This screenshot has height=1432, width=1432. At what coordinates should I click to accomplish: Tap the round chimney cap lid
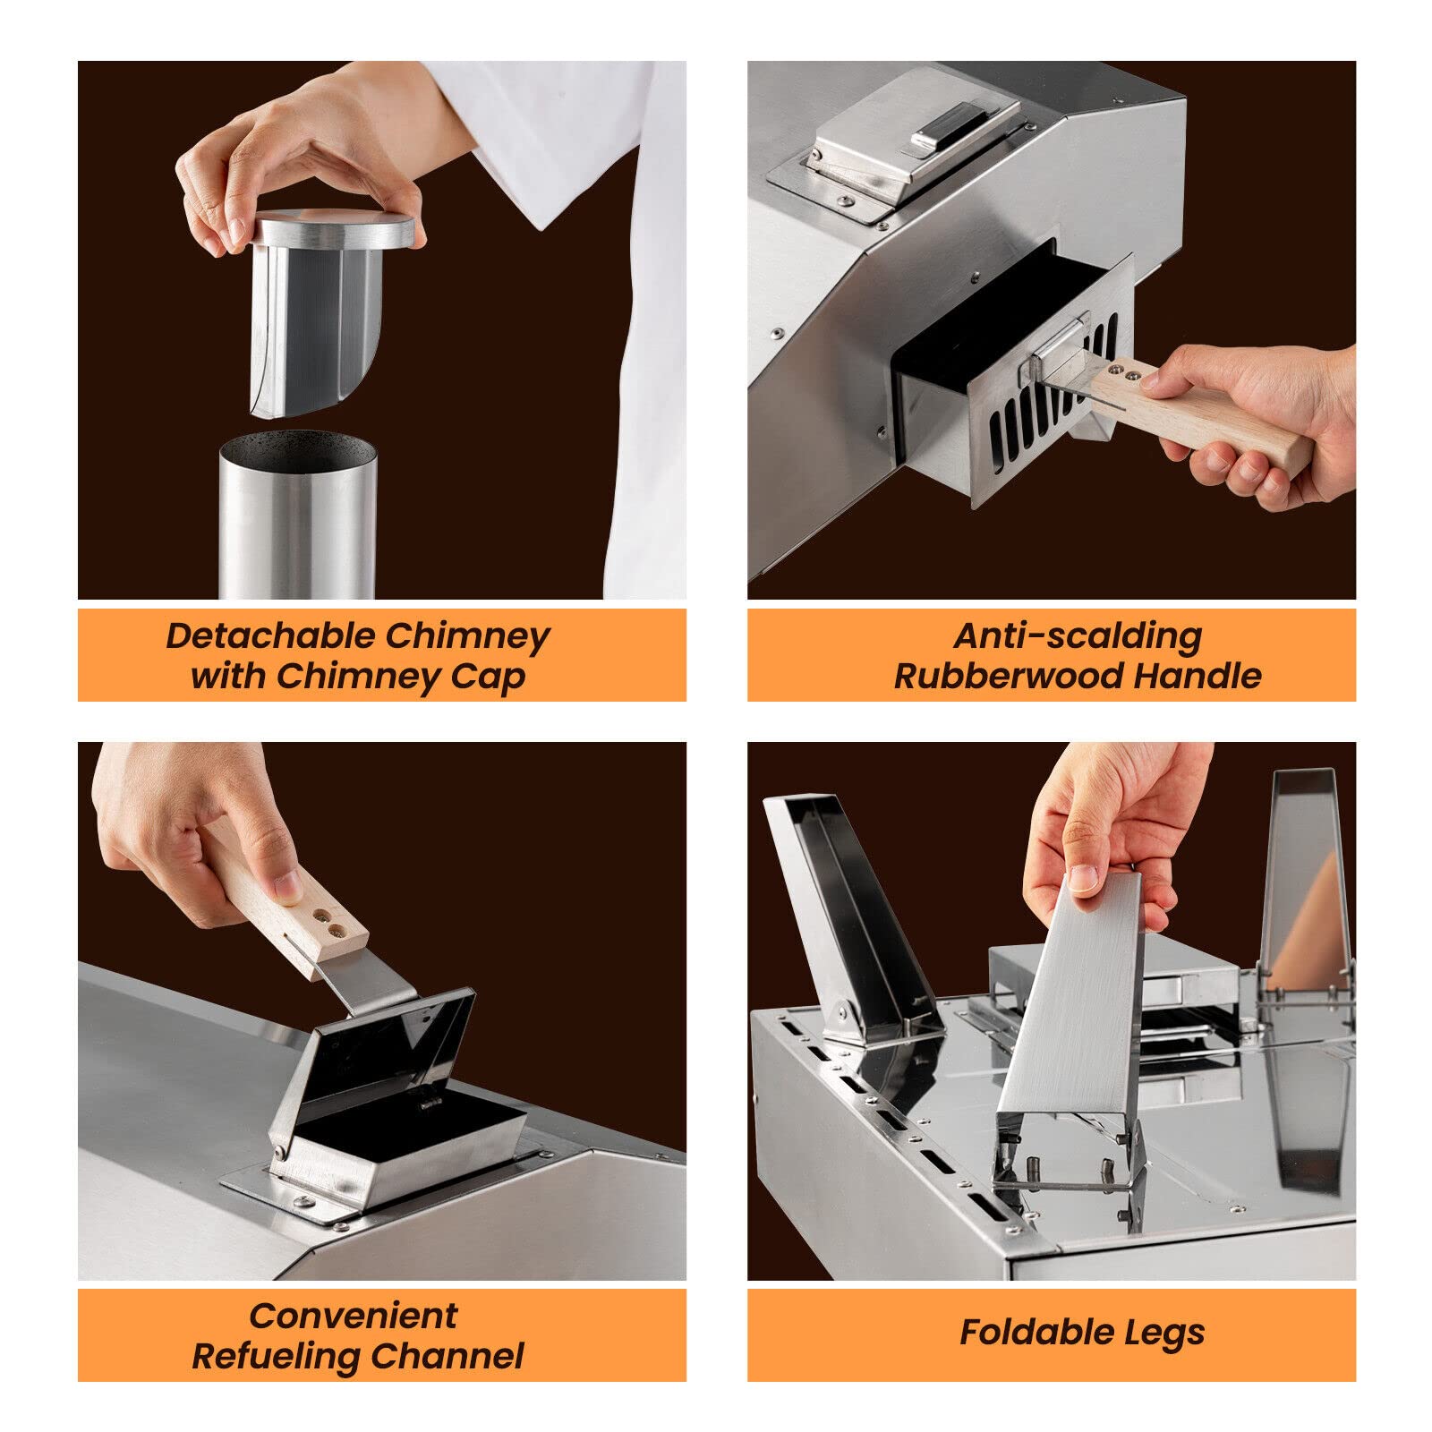coord(333,229)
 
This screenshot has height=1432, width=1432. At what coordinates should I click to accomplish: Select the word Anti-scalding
coord(1078,636)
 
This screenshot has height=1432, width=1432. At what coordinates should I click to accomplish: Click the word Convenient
coord(354,1316)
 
